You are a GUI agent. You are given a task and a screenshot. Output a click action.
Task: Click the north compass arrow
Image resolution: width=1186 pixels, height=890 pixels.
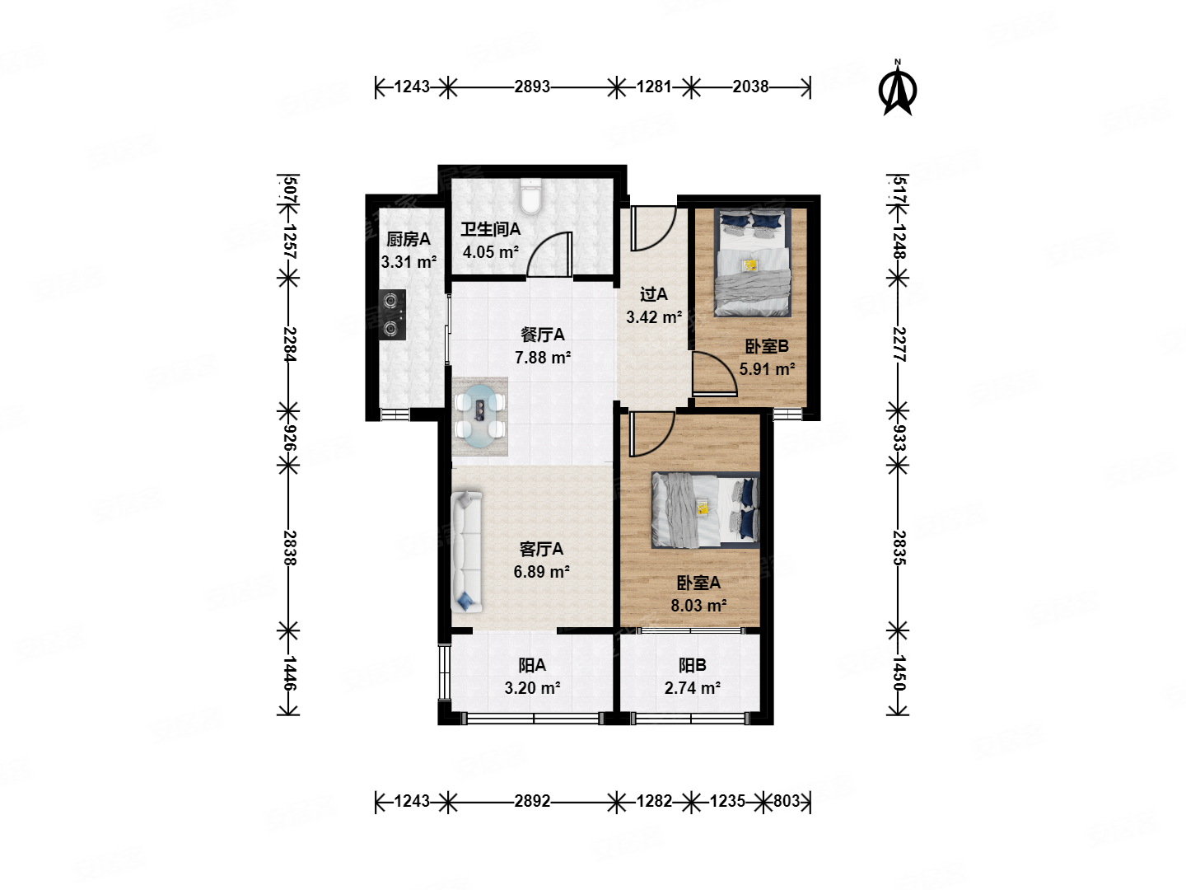pyautogui.click(x=898, y=89)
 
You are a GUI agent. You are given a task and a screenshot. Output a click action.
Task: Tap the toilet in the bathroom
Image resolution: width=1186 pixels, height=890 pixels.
pyautogui.click(x=531, y=196)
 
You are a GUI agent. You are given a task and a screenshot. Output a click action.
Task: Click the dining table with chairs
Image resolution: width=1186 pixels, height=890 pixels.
pyautogui.click(x=480, y=416)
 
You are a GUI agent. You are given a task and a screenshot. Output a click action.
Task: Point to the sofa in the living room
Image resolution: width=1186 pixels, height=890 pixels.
pyautogui.click(x=466, y=552)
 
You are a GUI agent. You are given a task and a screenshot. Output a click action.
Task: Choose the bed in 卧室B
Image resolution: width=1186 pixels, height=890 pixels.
pyautogui.click(x=752, y=262)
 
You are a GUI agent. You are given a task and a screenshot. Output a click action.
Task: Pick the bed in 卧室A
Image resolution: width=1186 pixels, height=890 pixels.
pyautogui.click(x=705, y=509)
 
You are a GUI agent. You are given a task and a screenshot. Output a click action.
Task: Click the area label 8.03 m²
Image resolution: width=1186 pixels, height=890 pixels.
pyautogui.click(x=698, y=605)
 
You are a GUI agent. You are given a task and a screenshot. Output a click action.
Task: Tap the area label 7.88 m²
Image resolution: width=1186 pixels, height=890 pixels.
pyautogui.click(x=543, y=357)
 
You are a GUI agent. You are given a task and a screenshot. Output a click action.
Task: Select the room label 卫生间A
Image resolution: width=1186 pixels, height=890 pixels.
pyautogui.click(x=490, y=230)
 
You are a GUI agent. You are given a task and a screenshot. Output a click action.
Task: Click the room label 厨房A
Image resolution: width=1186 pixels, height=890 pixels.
pyautogui.click(x=408, y=239)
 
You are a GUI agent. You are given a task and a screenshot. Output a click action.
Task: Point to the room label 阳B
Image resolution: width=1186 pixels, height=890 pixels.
pyautogui.click(x=692, y=665)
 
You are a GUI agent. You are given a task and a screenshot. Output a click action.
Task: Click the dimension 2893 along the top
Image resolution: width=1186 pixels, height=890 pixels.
pyautogui.click(x=532, y=87)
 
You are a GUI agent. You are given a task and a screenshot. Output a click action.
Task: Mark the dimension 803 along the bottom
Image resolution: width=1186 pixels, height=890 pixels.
pyautogui.click(x=787, y=800)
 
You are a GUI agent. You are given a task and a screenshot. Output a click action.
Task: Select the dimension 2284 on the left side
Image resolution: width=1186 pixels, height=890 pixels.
pyautogui.click(x=290, y=344)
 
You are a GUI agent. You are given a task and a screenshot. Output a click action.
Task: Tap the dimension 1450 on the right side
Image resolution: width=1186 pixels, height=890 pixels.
pyautogui.click(x=899, y=672)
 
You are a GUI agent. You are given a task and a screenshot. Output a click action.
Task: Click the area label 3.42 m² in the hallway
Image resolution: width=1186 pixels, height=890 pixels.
pyautogui.click(x=654, y=316)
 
